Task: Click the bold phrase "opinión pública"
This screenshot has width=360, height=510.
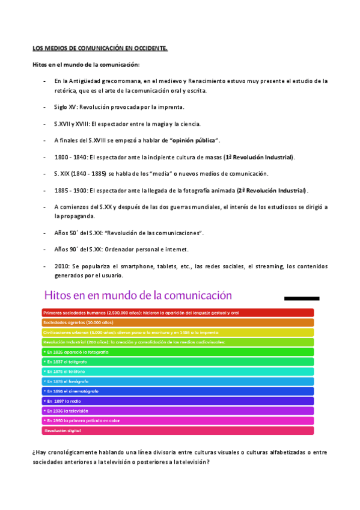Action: tap(194, 141)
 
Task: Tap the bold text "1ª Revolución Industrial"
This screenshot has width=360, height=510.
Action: tap(258, 157)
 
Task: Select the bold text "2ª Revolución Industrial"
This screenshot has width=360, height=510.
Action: tap(271, 191)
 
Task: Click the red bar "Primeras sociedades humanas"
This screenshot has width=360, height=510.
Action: tap(178, 313)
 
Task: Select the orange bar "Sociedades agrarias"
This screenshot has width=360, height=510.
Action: tap(178, 322)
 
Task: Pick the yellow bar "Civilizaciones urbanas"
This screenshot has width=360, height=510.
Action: tap(178, 332)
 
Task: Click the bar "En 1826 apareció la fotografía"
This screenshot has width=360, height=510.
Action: tap(178, 352)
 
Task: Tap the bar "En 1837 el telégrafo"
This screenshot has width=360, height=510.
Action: tap(178, 361)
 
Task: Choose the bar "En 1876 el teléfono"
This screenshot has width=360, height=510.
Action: tap(178, 372)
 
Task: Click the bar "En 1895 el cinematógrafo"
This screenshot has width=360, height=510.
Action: tap(178, 391)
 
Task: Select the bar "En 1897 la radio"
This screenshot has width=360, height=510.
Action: tap(178, 401)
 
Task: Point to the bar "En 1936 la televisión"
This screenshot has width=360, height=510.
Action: tap(178, 411)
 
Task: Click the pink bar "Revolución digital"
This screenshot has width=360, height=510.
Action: tap(178, 431)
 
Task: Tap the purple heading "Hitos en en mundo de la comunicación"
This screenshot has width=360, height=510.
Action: tap(138, 295)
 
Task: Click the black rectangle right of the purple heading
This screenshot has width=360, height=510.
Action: tap(301, 298)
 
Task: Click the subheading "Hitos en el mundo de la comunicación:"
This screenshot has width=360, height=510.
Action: tap(86, 64)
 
